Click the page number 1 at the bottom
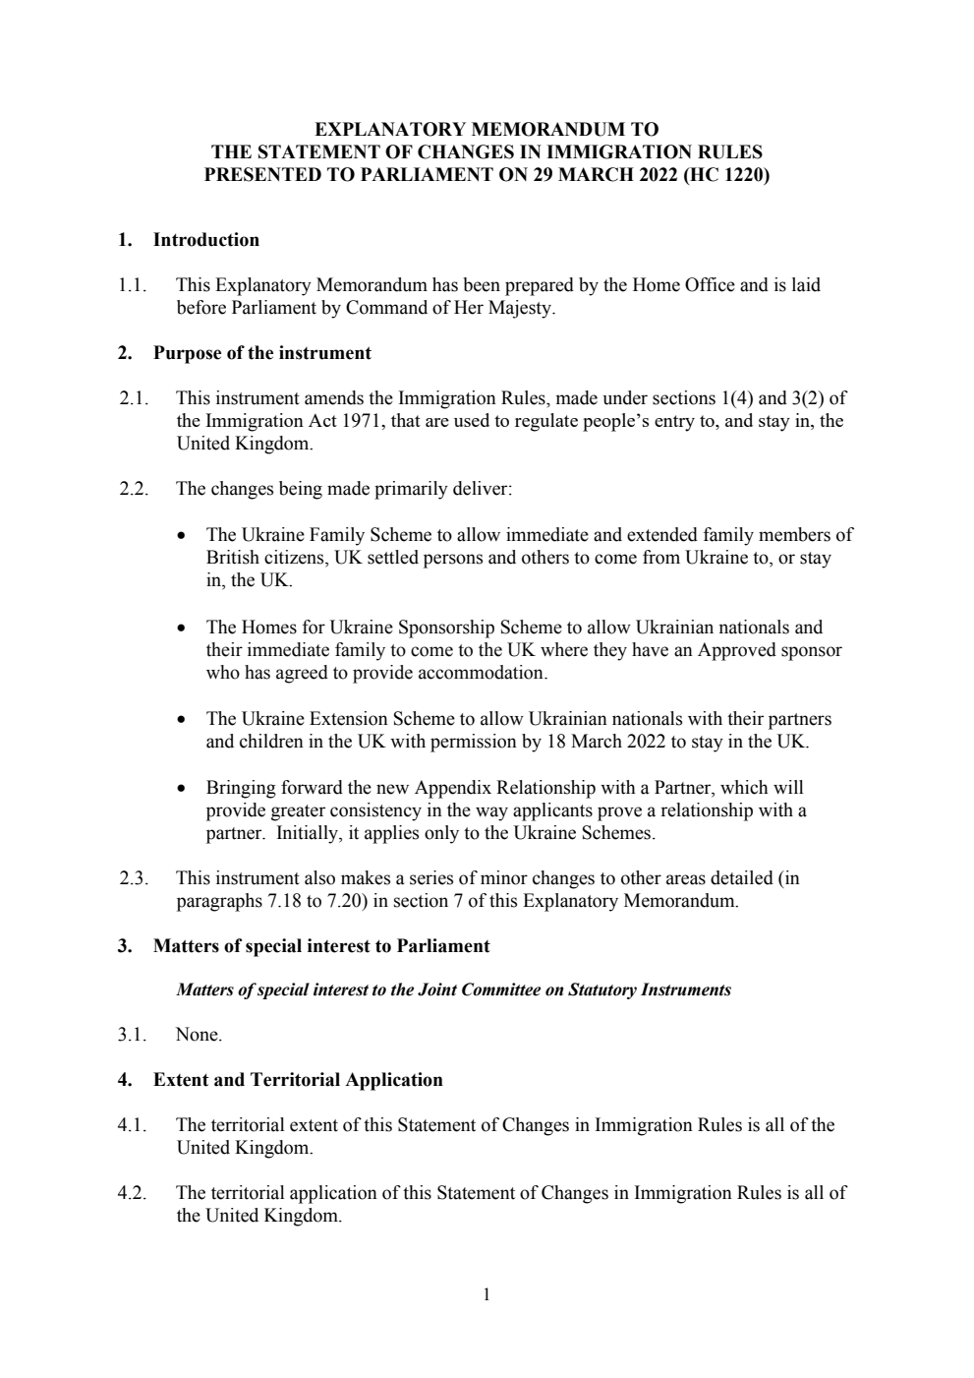pos(487,1294)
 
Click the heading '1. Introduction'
pos(189,240)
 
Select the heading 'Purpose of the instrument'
pos(261,353)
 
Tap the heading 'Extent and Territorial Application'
pos(297,1080)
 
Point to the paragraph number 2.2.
pos(133,489)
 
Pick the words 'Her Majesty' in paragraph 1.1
pos(505,308)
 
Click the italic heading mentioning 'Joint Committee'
pos(453,989)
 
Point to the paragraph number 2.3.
pos(133,878)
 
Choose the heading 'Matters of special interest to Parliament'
pos(320,946)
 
